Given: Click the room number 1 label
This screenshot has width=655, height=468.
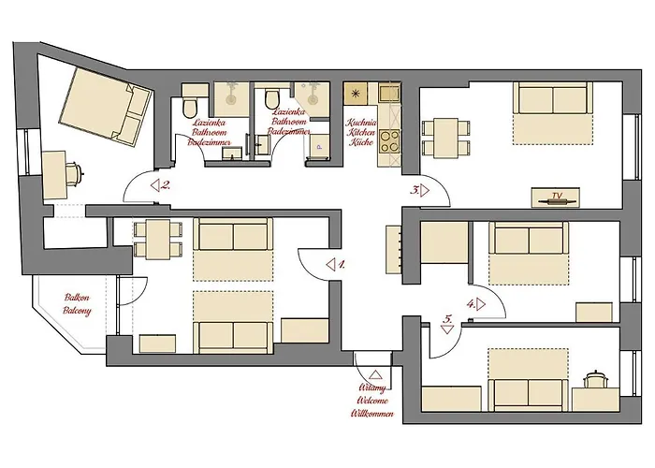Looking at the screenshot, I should [x=342, y=265].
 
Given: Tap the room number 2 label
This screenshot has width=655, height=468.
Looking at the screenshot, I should [x=166, y=185].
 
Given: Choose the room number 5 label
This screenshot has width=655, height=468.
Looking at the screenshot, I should [x=449, y=319].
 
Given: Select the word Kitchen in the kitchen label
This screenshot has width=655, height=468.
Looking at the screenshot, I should [x=361, y=133].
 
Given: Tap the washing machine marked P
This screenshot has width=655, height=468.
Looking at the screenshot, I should [x=319, y=145].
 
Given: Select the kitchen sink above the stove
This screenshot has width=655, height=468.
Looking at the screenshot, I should [x=386, y=94].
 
